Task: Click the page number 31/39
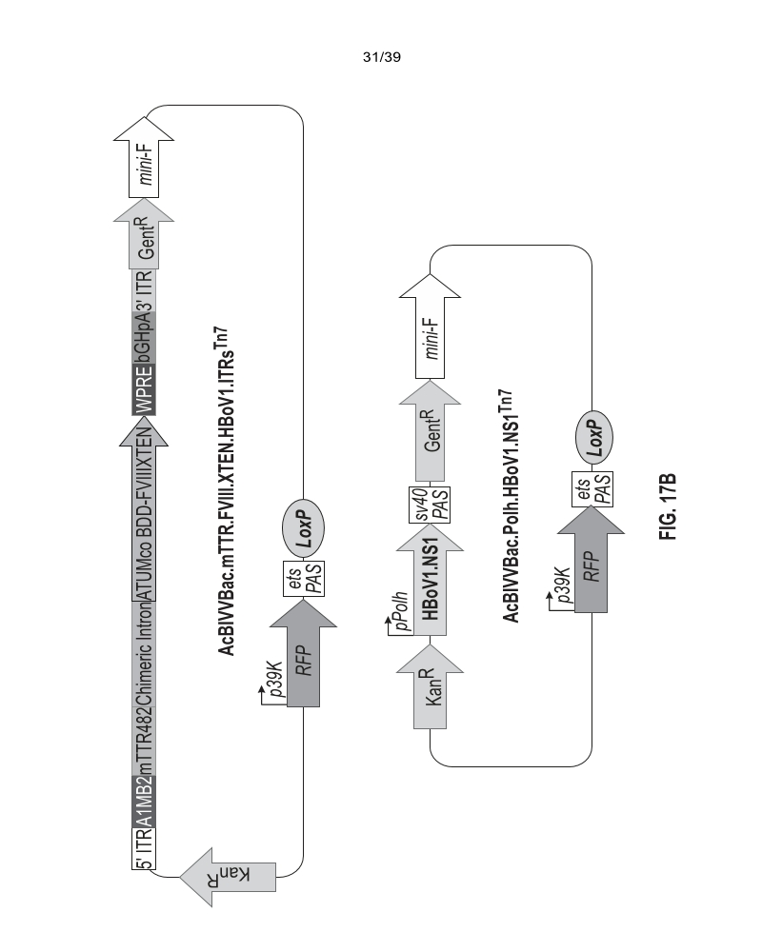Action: click(x=382, y=58)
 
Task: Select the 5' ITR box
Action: click(x=144, y=849)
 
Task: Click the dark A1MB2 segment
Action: click(x=144, y=796)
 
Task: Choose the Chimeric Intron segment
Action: click(x=144, y=653)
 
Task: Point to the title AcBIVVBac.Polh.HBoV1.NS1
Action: click(x=511, y=505)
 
